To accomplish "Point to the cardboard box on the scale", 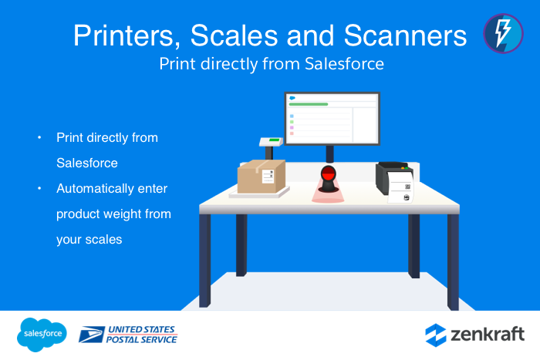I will tap(260, 177).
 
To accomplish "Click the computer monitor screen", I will tap(332, 119).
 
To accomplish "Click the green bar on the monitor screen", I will tap(309, 104).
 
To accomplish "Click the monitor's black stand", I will tap(329, 153).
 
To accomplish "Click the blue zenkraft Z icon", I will tap(436, 335).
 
